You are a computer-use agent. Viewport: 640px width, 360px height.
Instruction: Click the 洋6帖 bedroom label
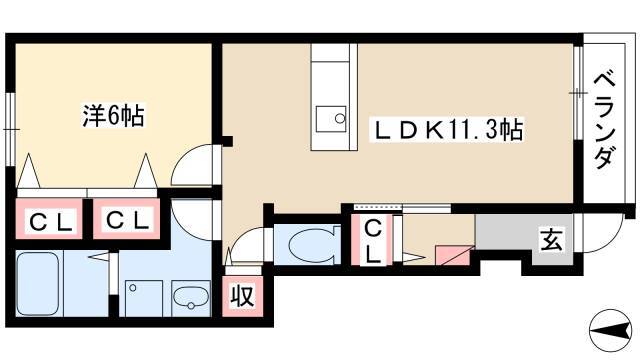click(113, 116)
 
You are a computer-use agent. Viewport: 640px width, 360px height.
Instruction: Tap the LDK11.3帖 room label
click(446, 130)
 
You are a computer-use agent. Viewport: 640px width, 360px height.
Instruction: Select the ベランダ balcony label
click(603, 120)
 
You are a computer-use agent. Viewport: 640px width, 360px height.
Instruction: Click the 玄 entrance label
click(551, 240)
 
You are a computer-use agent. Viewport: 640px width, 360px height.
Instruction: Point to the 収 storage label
click(242, 296)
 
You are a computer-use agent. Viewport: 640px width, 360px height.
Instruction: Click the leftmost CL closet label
click(51, 223)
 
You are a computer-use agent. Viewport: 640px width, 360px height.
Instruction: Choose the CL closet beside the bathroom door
click(127, 221)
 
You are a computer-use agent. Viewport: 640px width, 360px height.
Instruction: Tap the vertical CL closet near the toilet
click(372, 241)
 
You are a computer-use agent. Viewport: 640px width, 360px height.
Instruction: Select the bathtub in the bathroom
click(38, 284)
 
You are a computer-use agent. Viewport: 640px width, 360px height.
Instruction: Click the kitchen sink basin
click(331, 119)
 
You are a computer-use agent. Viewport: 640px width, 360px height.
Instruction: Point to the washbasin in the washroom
click(191, 298)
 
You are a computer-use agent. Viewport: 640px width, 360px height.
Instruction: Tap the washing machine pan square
click(144, 298)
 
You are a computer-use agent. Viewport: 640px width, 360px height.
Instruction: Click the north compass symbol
click(610, 330)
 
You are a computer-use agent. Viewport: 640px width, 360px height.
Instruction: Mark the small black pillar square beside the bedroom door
click(227, 141)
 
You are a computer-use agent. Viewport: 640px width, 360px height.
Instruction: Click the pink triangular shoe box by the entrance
click(452, 256)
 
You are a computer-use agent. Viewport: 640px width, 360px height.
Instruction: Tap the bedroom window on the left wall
click(11, 130)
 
